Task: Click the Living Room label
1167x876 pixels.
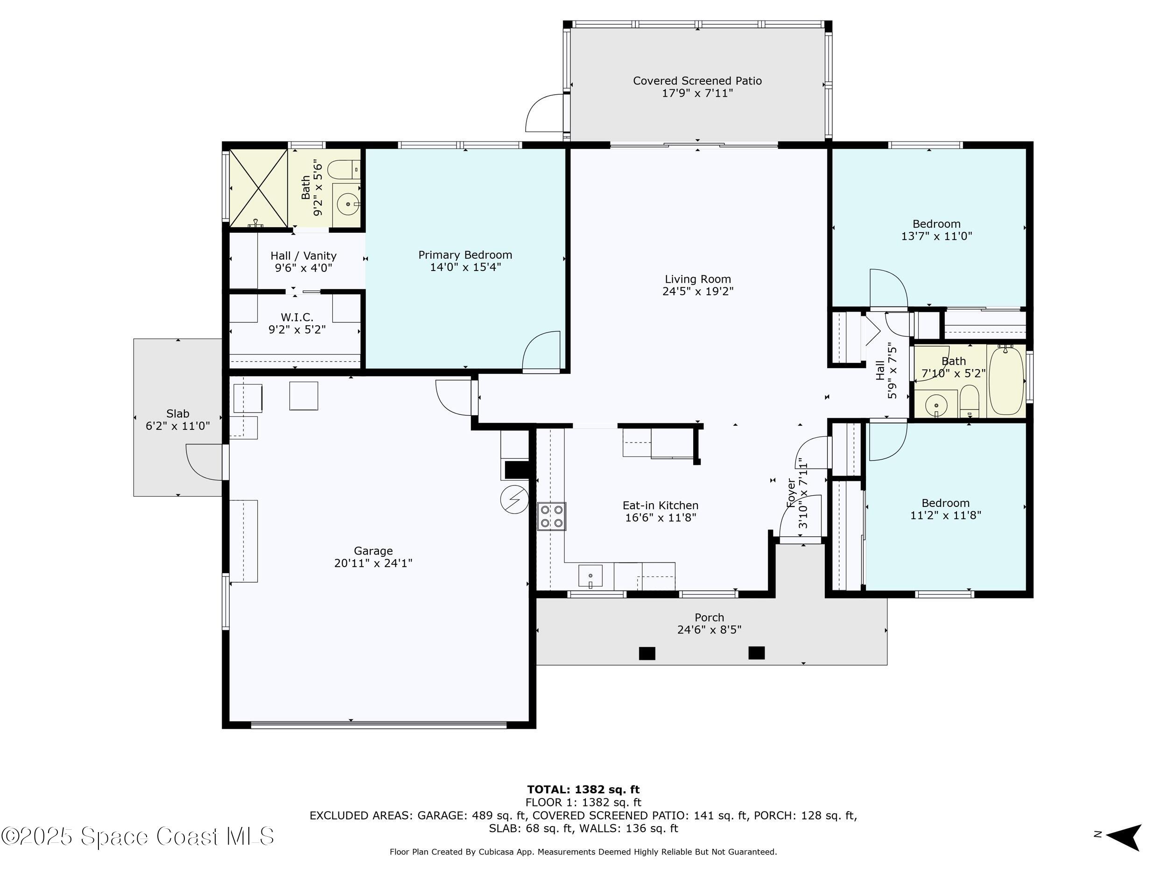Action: (x=697, y=279)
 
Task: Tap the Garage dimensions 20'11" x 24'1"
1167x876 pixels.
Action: (x=373, y=563)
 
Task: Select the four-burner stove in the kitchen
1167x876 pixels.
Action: (x=551, y=516)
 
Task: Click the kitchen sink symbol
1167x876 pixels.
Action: (x=591, y=576)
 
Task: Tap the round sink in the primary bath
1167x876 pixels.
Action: (x=348, y=204)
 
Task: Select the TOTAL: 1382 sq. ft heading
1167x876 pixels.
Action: (x=583, y=790)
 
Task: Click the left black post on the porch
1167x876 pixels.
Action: (x=647, y=653)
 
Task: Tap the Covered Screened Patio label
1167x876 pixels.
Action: (x=697, y=81)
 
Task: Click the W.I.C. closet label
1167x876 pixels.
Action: (x=296, y=317)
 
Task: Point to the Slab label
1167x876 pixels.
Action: (x=177, y=413)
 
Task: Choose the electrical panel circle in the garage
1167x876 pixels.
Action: (x=514, y=499)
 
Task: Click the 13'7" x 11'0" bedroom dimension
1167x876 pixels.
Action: (x=936, y=236)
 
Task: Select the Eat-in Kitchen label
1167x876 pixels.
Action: (x=661, y=506)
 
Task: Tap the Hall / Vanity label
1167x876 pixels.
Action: (x=303, y=256)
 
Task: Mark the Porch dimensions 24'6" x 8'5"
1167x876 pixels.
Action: (x=709, y=629)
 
